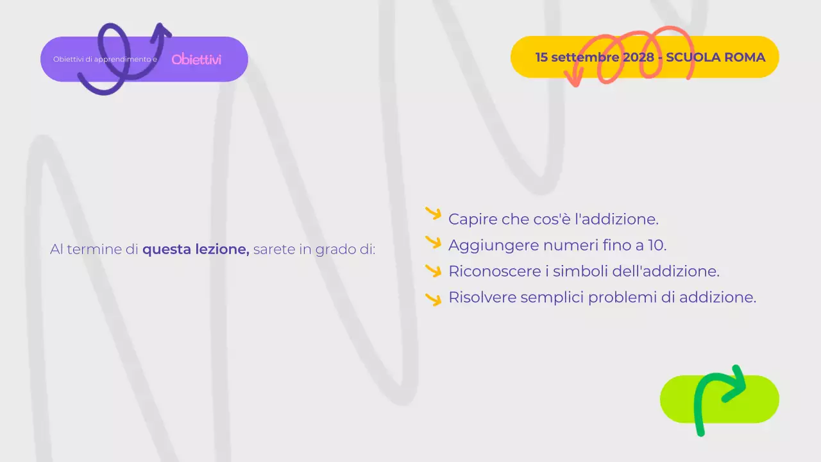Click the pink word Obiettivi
[196, 60]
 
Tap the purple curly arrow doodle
[122, 61]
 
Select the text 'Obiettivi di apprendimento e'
[105, 60]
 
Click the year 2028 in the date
[638, 57]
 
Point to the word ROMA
[744, 57]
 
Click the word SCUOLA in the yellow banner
[693, 57]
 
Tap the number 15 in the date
[542, 57]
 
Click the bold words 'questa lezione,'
[196, 249]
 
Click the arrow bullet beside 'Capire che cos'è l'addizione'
[434, 214]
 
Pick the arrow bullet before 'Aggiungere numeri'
[434, 243]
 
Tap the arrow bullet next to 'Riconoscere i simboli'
[434, 270]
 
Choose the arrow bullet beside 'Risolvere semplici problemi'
[434, 299]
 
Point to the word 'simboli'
[580, 271]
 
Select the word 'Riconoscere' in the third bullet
[491, 271]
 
